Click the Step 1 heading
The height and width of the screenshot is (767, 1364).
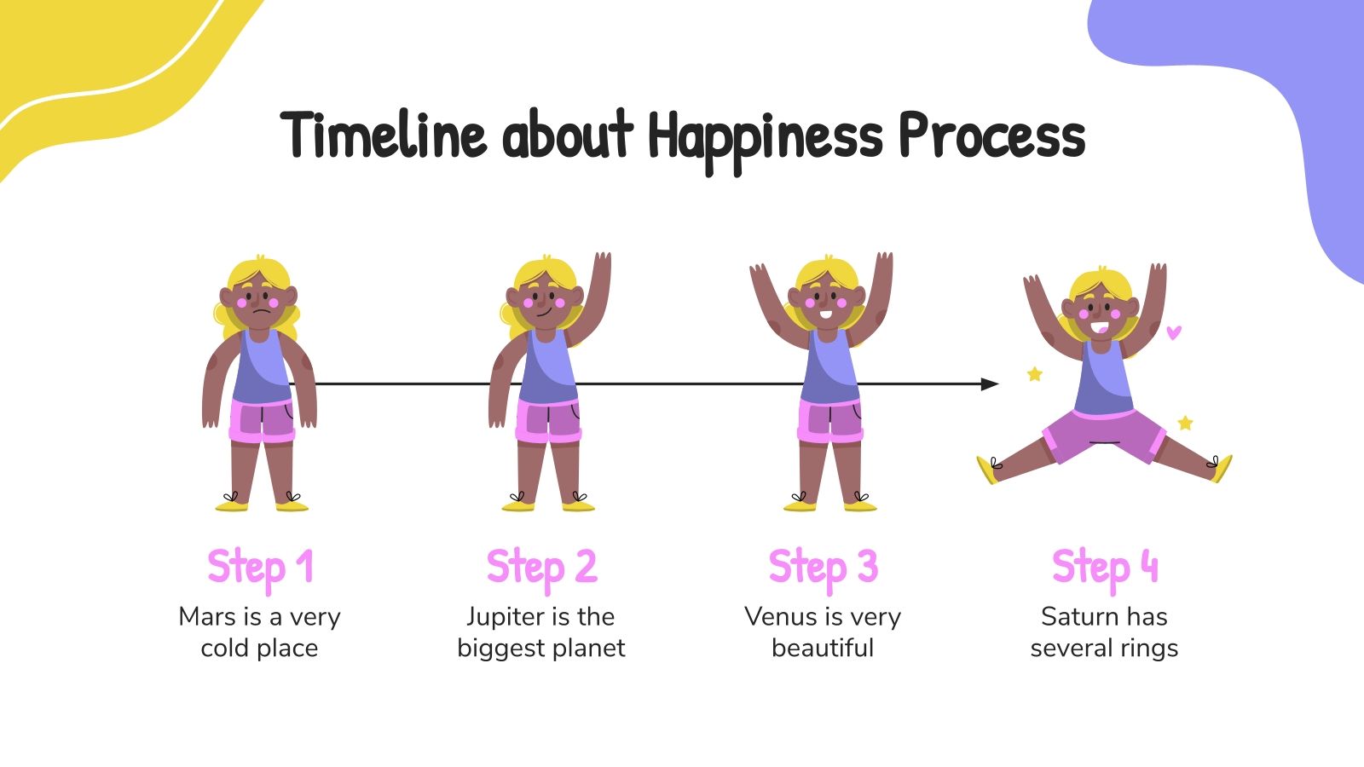[x=260, y=568]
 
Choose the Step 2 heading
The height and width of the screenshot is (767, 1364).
[x=541, y=568]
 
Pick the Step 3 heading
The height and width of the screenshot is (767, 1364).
[x=823, y=568]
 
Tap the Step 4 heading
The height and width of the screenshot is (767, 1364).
[x=1105, y=568]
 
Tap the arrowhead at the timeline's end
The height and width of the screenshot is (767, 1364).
[x=990, y=384]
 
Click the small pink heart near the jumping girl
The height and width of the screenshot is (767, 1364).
[x=1174, y=332]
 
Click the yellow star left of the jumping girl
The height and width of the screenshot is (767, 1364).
[x=1035, y=373]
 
